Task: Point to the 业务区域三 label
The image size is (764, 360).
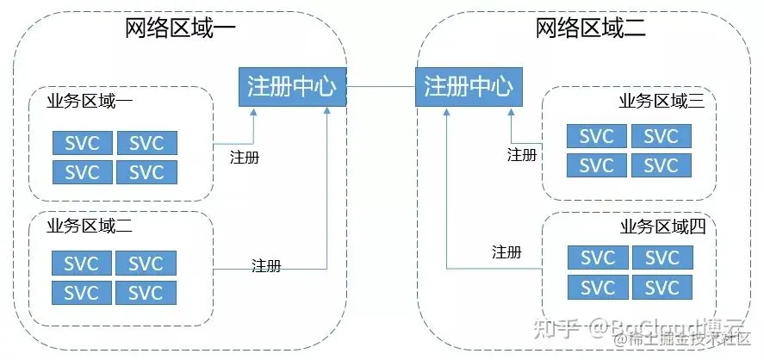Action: coord(662,102)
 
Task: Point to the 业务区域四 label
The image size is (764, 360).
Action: coord(662,227)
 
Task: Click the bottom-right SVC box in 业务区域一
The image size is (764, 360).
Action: coord(146,171)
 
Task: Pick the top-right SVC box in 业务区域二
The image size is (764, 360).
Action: coord(146,264)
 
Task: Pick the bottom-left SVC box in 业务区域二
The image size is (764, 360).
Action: coord(82,292)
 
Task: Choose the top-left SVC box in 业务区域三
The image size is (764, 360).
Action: coord(597,136)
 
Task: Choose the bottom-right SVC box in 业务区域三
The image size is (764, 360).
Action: coord(662,164)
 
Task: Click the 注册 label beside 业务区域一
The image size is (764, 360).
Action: coord(245,158)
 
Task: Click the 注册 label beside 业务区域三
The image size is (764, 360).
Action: coord(521,155)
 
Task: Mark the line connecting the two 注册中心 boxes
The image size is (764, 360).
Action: coord(380,87)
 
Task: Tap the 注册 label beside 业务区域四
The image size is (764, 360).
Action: coord(506,251)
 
